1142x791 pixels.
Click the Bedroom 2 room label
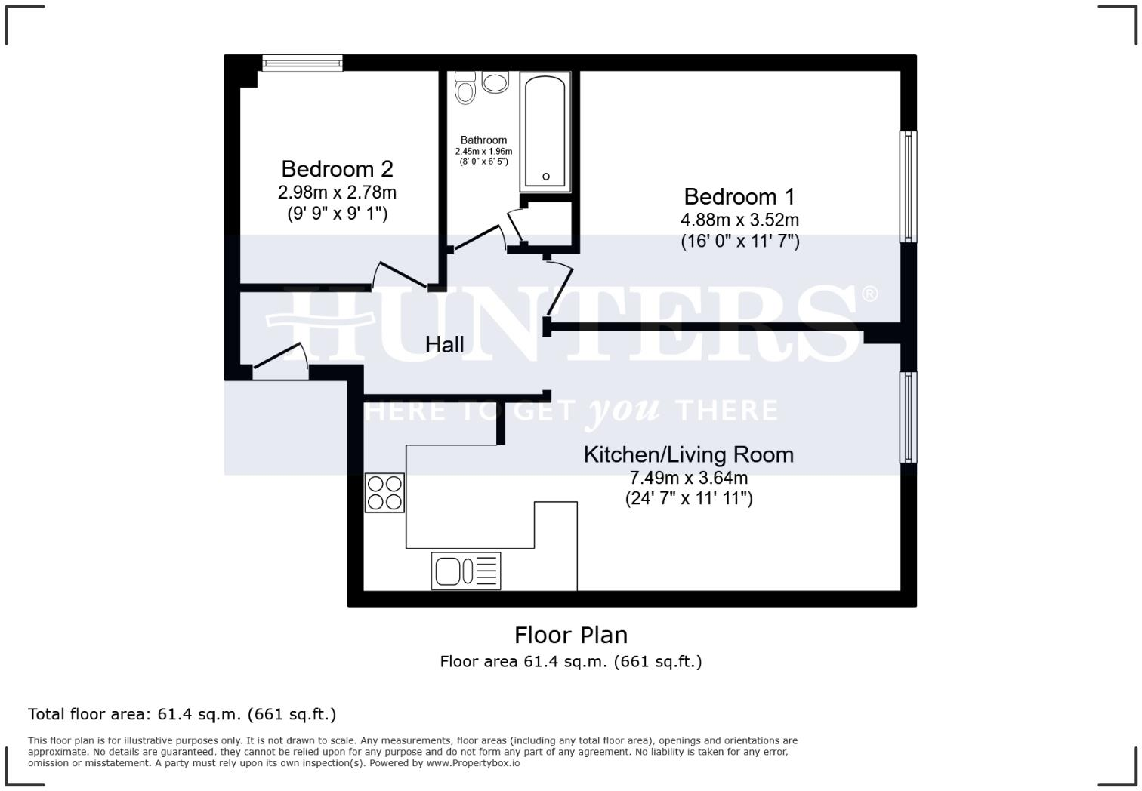[x=337, y=168]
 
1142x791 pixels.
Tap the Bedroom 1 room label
[x=739, y=196]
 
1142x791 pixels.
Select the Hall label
[x=444, y=344]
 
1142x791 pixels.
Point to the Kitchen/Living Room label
[x=688, y=454]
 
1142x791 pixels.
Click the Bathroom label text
[x=483, y=140]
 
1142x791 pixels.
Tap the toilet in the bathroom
[x=465, y=88]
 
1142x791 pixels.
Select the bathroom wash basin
[x=495, y=82]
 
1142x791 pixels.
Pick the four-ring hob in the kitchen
[x=384, y=493]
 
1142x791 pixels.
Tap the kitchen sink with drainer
[x=465, y=571]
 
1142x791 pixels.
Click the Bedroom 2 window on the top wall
[x=302, y=63]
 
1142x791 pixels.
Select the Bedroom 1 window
[x=908, y=186]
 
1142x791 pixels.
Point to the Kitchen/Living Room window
[x=908, y=417]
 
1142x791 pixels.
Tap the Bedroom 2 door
[x=400, y=275]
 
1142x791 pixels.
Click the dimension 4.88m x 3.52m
[x=739, y=220]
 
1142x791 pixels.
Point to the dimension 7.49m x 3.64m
[x=688, y=478]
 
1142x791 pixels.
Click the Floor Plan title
[x=570, y=635]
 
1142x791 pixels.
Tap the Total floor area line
[x=182, y=714]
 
